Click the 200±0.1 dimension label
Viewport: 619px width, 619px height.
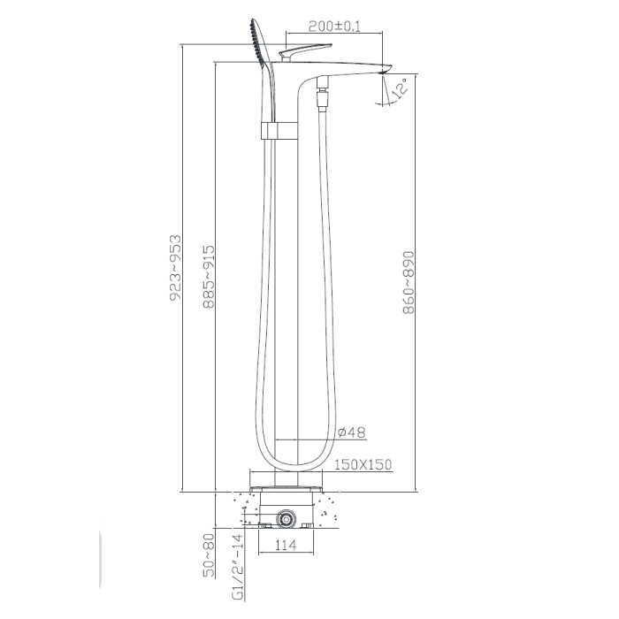coord(334,27)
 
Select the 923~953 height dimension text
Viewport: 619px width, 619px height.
coord(175,268)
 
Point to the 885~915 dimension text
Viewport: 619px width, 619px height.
coord(209,276)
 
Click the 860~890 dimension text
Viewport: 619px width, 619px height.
coord(409,282)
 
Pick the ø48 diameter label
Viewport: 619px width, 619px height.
coord(352,432)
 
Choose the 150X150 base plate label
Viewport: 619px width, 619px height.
coord(363,464)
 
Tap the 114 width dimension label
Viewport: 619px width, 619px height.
coord(286,546)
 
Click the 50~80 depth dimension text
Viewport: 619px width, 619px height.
coord(209,555)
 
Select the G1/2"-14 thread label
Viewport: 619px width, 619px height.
coord(238,568)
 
